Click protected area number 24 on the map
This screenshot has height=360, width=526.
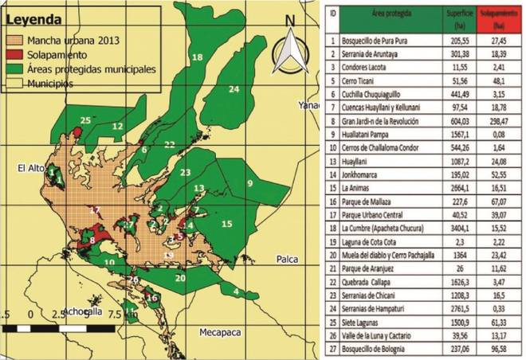tap(234, 90)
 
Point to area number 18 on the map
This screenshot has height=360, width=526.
tap(197, 57)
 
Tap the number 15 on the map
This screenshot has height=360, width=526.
tap(226, 225)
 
